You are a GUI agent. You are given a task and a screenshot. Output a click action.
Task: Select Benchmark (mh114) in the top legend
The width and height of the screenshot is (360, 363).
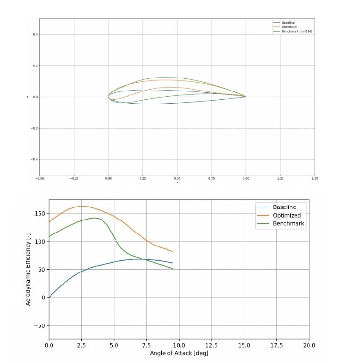(x=294, y=31)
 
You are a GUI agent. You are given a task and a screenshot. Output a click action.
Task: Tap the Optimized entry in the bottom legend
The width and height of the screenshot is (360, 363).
(x=286, y=215)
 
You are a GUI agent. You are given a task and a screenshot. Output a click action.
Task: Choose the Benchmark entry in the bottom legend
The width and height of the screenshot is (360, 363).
(x=288, y=223)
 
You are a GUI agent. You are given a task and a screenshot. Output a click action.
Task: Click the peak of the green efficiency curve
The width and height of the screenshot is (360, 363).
(x=95, y=218)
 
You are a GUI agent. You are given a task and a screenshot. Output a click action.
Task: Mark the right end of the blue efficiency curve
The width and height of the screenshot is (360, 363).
(x=172, y=263)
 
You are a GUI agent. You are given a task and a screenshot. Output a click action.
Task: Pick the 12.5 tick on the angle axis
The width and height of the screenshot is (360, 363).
(x=212, y=345)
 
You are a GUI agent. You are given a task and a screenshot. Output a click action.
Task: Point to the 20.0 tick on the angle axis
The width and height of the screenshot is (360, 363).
(x=309, y=345)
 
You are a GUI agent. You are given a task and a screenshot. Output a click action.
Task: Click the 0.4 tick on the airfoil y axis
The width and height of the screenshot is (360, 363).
(x=35, y=35)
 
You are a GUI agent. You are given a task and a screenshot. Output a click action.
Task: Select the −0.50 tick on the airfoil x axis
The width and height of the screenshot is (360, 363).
(x=39, y=178)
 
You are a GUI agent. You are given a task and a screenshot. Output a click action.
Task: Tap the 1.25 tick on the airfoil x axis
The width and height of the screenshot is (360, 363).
(x=280, y=178)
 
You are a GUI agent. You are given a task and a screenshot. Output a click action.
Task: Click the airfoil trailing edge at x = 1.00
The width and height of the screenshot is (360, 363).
(x=246, y=97)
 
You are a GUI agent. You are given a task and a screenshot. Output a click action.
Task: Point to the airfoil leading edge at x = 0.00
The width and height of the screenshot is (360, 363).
(x=108, y=97)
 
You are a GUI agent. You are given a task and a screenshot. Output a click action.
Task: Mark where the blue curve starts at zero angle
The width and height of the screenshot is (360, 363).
(x=49, y=297)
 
